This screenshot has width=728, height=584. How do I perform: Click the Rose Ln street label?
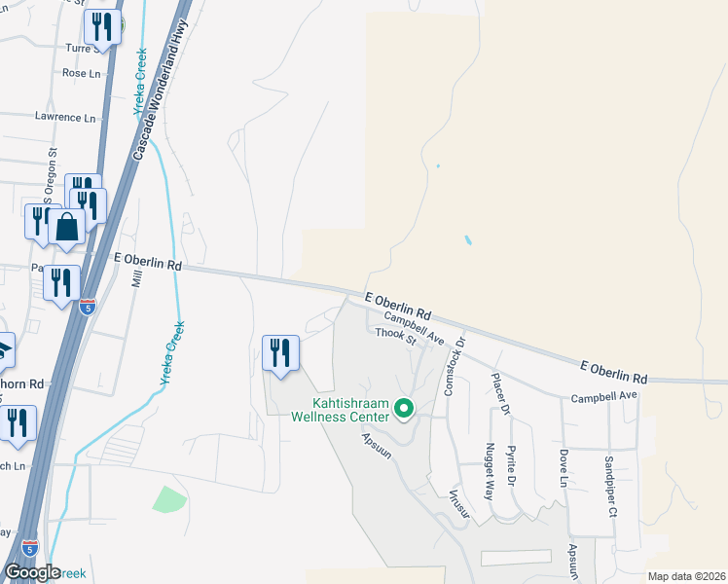pyautogui.click(x=81, y=73)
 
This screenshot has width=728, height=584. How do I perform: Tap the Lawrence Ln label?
pyautogui.click(x=65, y=117)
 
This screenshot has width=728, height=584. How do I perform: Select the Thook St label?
pyautogui.click(x=396, y=337)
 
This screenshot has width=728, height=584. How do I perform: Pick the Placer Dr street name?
pyautogui.click(x=499, y=394)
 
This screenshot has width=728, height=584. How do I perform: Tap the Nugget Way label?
pyautogui.click(x=490, y=469)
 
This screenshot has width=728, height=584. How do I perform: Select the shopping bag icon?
pyautogui.click(x=67, y=228)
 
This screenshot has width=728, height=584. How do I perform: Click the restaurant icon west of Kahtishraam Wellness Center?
pyautogui.click(x=280, y=353)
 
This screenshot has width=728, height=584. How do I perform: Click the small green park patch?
pyautogui.click(x=169, y=500)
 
